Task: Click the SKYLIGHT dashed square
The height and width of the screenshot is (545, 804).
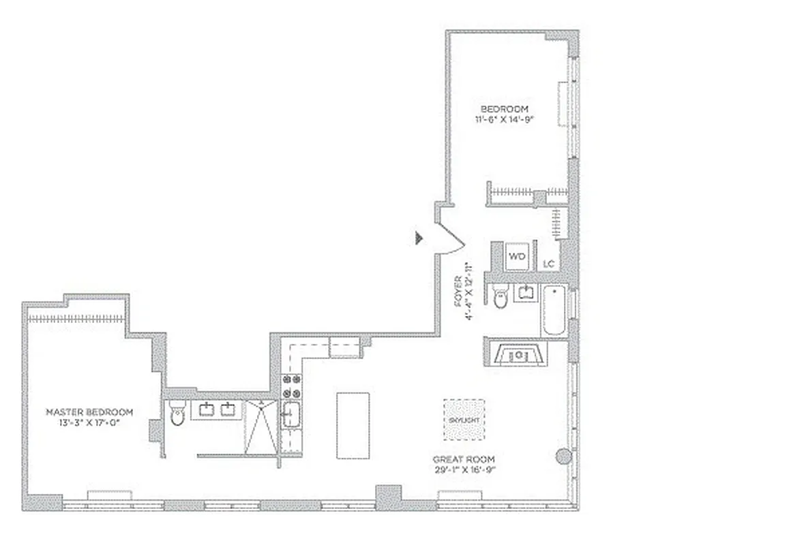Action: [x=464, y=420]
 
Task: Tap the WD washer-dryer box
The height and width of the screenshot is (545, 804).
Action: [x=518, y=258]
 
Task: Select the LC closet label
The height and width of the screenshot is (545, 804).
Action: [x=548, y=264]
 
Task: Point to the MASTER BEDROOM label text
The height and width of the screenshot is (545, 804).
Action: [x=89, y=412]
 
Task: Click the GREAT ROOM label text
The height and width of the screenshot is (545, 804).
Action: [x=464, y=459]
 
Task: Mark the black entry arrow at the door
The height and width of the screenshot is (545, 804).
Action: [x=419, y=237]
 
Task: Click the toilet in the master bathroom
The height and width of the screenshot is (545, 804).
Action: [x=177, y=413]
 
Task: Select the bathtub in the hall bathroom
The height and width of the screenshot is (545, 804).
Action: [x=554, y=310]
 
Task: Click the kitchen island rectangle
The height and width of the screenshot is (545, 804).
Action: [x=353, y=426]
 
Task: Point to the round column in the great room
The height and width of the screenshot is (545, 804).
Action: [x=563, y=457]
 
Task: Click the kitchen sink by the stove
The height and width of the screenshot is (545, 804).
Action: [x=291, y=415]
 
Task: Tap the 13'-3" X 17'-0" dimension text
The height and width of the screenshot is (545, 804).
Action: [x=89, y=422]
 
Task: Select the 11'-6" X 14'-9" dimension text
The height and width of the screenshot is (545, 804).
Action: [x=504, y=120]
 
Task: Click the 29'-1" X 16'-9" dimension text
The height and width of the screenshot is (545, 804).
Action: [x=464, y=469]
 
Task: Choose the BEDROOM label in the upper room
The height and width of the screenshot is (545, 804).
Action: [x=504, y=109]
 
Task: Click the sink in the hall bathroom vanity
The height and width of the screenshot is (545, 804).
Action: [x=525, y=292]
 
